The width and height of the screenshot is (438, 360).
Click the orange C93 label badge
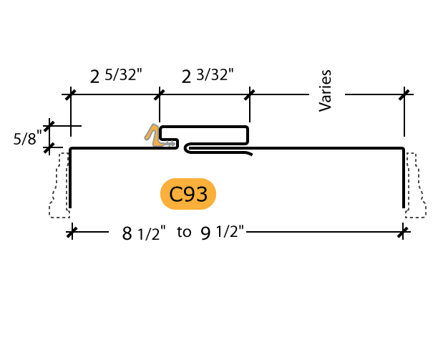click(x=188, y=194)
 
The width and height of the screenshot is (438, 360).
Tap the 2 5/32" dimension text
click(x=116, y=75)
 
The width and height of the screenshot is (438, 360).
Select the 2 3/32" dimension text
click(x=208, y=75)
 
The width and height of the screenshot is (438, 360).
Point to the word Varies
click(x=325, y=91)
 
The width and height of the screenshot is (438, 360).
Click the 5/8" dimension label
click(x=27, y=138)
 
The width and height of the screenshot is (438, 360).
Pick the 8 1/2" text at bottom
click(x=144, y=233)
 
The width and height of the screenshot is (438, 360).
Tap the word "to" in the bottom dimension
click(x=184, y=232)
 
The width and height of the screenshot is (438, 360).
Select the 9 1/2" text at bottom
click(x=223, y=233)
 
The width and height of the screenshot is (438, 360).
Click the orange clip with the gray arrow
click(x=159, y=135)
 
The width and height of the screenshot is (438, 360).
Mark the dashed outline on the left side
click(x=59, y=185)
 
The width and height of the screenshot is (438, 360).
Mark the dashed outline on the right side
click(x=415, y=185)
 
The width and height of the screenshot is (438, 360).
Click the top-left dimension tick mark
click(x=71, y=94)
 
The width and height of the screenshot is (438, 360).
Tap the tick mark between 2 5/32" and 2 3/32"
click(x=160, y=94)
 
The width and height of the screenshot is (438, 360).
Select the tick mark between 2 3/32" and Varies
click(x=250, y=94)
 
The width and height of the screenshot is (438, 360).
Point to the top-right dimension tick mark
click(x=404, y=94)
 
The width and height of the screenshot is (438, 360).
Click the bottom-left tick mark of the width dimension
click(x=72, y=232)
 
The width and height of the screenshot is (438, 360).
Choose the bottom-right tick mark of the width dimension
click(x=403, y=232)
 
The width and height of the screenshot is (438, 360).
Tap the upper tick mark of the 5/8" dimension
click(x=49, y=126)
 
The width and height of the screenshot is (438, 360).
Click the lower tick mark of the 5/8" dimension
click(x=49, y=147)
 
